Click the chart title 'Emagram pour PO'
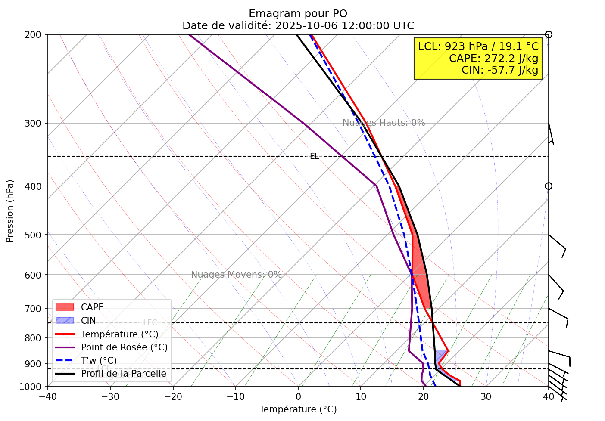(x=298, y=14)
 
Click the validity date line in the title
(x=298, y=26)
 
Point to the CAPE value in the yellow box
(x=493, y=58)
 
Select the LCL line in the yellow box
(x=478, y=46)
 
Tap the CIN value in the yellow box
(x=500, y=70)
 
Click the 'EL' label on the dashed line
(x=315, y=156)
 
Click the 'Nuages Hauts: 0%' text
(x=384, y=123)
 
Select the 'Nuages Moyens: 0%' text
(x=236, y=275)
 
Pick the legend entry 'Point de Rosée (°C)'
(x=124, y=347)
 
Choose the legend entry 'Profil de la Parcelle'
(x=123, y=374)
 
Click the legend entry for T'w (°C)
(x=99, y=361)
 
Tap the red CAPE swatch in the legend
(x=65, y=307)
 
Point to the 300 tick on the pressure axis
(x=37, y=124)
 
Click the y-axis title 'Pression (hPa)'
(x=10, y=211)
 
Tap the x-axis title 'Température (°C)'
(x=298, y=409)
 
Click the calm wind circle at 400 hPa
(x=549, y=186)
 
